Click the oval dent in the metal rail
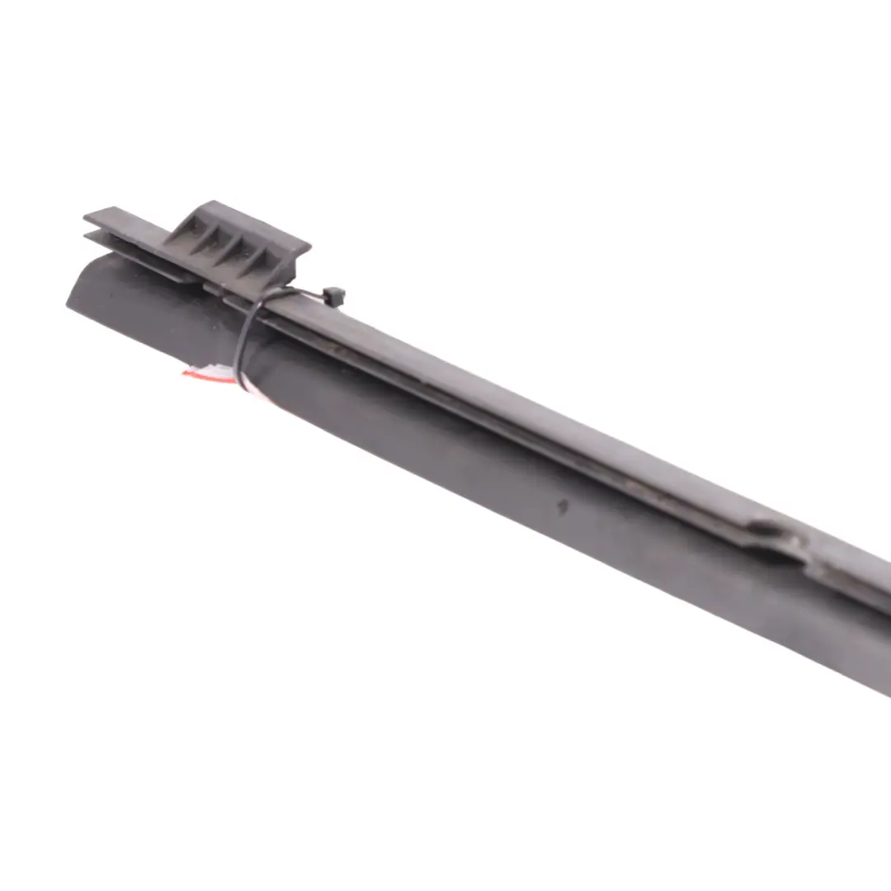click(x=771, y=528)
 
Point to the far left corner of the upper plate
click(x=86, y=218)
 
